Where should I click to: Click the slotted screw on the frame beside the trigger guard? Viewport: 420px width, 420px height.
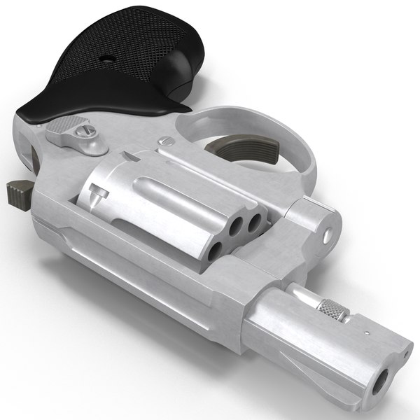pyautogui.click(x=166, y=142)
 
